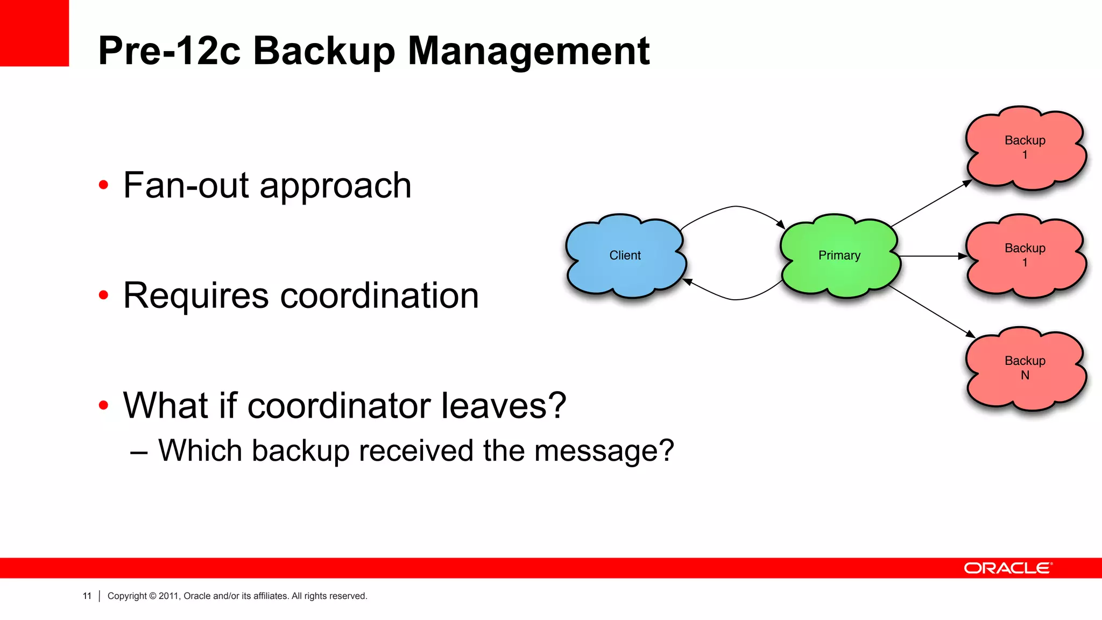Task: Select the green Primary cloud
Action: (x=839, y=256)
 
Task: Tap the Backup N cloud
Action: (x=1025, y=368)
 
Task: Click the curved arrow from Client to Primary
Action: (x=735, y=207)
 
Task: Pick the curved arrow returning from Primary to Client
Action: (x=735, y=299)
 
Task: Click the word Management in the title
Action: (x=528, y=51)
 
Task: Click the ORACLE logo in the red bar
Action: (x=1008, y=568)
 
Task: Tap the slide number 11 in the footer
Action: (x=87, y=596)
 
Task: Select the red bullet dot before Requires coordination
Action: (x=103, y=295)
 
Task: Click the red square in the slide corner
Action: (x=34, y=33)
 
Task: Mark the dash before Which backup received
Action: (x=139, y=452)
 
